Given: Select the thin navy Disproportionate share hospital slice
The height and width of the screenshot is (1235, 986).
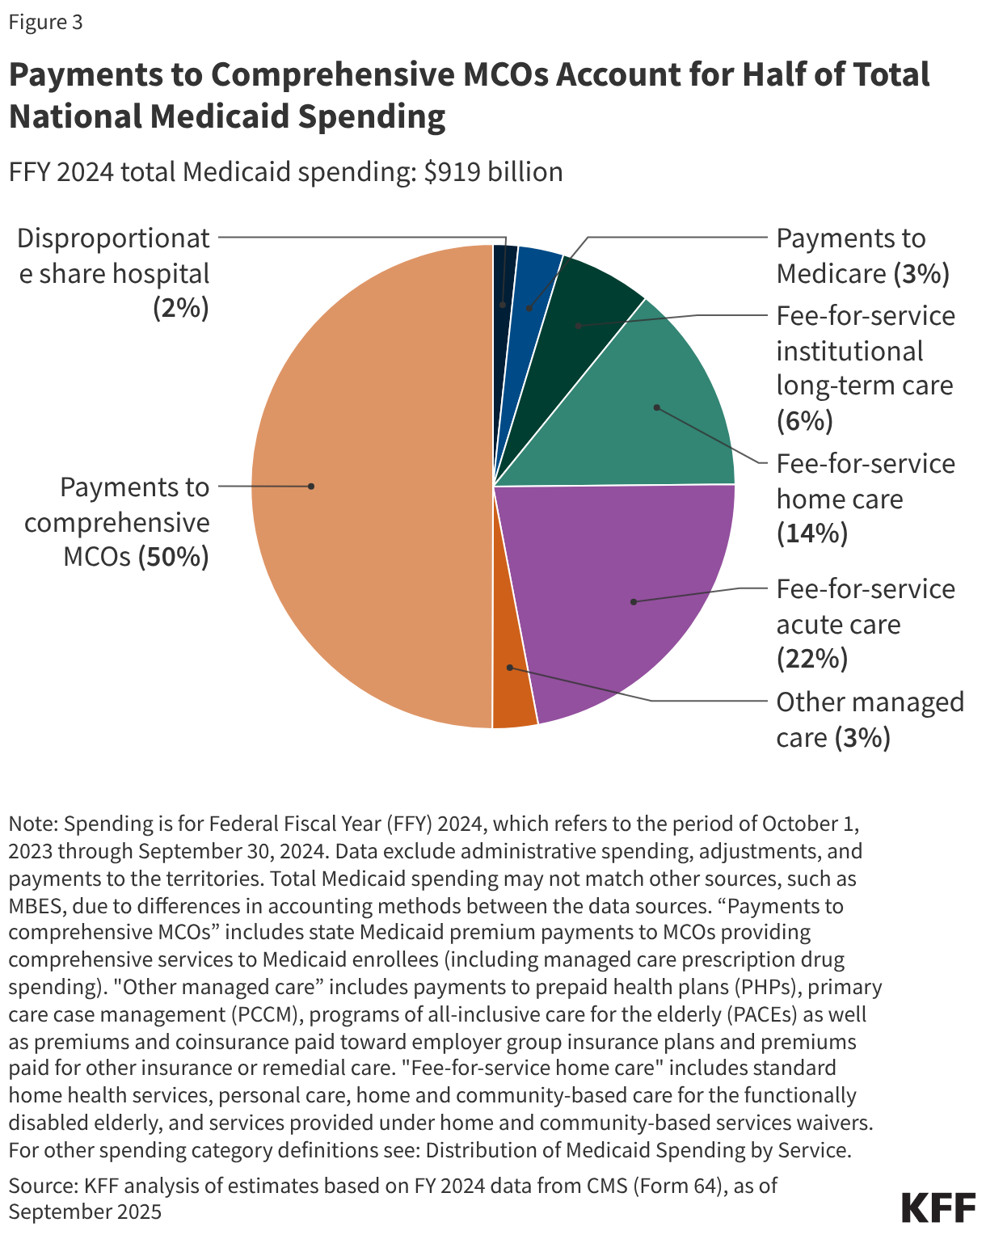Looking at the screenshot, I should point(504,275).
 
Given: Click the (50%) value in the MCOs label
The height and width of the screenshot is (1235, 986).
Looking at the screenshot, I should point(173,558).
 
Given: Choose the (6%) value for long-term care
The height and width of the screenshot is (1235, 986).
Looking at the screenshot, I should point(804,421).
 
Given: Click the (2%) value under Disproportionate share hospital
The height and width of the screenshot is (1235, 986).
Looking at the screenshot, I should point(181,309).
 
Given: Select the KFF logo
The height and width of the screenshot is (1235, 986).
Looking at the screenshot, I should point(938,1208).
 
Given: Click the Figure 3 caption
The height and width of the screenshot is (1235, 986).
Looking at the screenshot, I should point(45,22).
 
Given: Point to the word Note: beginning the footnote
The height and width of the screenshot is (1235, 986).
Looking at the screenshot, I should point(33,824).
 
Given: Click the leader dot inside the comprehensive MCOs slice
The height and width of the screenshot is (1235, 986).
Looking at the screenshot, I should point(311,487).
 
